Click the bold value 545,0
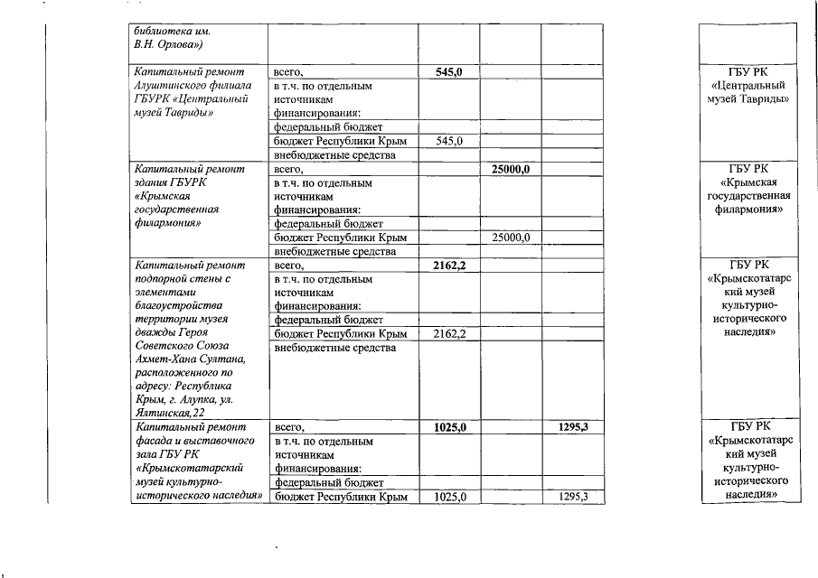[x=449, y=72]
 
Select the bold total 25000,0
[x=510, y=169]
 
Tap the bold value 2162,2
[x=449, y=266]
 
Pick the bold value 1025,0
[x=449, y=428]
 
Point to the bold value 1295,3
[x=571, y=427]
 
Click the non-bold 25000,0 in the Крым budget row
[x=510, y=238]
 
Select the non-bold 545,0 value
[x=449, y=142]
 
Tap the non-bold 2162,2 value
[x=449, y=335]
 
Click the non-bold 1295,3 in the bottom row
[x=571, y=498]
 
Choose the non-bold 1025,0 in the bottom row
[x=449, y=498]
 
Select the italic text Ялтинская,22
[x=165, y=412]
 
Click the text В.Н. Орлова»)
[x=164, y=43]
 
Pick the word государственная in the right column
[x=749, y=196]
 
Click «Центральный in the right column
[x=748, y=85]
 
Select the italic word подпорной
[x=159, y=279]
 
